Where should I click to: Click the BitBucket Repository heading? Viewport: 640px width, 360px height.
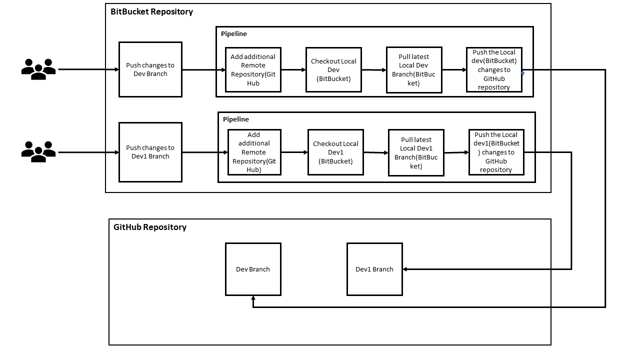tap(152, 12)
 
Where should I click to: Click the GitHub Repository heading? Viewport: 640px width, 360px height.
tap(150, 227)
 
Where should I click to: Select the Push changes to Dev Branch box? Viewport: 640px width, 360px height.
tap(150, 69)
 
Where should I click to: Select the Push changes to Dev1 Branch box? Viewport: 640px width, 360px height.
tap(150, 152)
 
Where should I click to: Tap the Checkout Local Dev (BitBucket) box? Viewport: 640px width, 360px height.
tap(333, 70)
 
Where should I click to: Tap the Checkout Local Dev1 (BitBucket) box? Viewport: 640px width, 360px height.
tap(336, 152)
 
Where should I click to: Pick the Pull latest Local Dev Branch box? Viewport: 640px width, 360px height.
tap(414, 70)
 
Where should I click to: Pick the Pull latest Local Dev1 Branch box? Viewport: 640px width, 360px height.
tap(416, 152)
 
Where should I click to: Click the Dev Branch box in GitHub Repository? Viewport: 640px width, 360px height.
tap(253, 269)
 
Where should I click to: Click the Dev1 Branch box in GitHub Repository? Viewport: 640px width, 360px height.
tap(374, 269)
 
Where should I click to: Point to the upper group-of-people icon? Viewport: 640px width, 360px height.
tap(38, 69)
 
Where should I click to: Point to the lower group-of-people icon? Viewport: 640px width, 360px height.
tap(38, 151)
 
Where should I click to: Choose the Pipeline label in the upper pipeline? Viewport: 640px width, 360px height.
tap(234, 34)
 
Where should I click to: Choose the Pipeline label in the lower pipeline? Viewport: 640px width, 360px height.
tap(236, 119)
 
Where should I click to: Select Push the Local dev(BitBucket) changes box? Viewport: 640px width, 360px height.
tap(494, 70)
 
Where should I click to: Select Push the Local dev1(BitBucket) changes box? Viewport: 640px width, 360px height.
tap(496, 152)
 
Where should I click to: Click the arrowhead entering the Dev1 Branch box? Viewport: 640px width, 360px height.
tap(405, 269)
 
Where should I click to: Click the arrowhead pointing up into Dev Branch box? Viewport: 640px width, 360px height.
tap(253, 298)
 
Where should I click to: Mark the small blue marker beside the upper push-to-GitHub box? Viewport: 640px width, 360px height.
tap(523, 73)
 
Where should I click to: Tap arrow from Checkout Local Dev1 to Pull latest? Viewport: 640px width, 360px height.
tap(375, 152)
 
